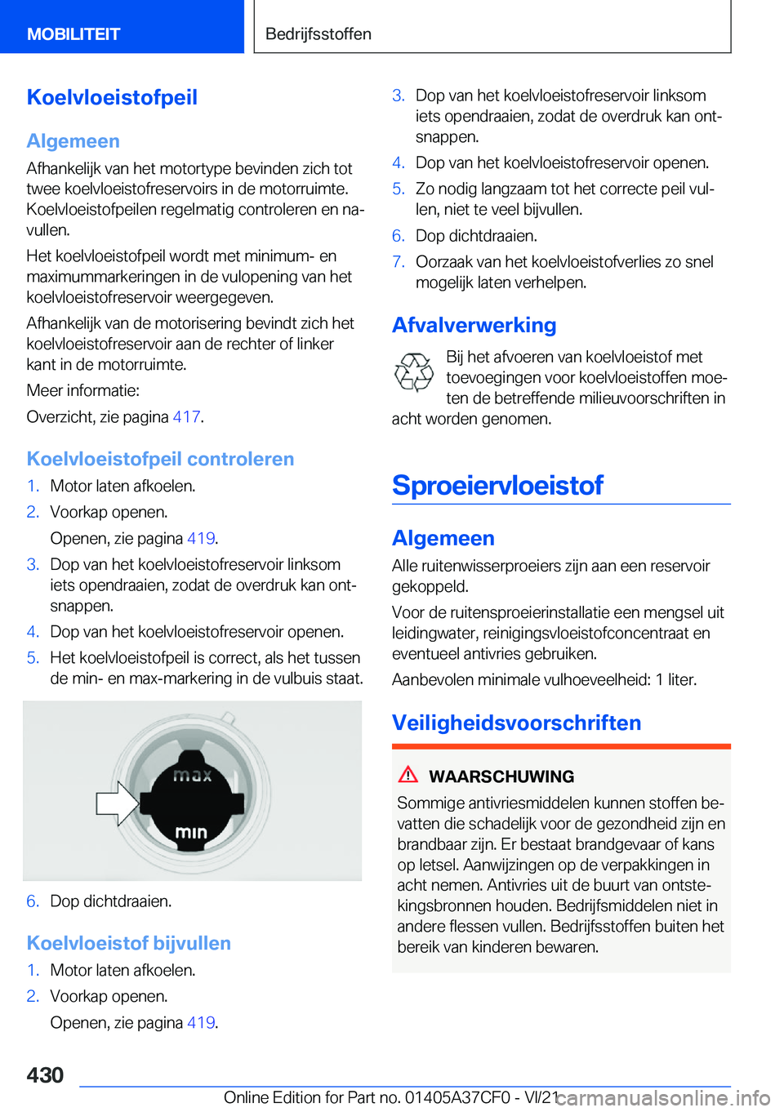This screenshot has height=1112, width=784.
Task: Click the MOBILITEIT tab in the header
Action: click(73, 33)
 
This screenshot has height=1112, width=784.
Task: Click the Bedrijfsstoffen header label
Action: click(318, 33)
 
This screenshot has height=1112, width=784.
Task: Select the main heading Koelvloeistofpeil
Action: click(112, 97)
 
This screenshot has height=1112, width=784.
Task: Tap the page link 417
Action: click(186, 416)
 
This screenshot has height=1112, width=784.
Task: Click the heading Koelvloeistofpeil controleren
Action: click(160, 459)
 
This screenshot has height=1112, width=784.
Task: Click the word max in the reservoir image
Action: click(192, 775)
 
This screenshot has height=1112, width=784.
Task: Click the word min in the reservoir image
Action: click(191, 832)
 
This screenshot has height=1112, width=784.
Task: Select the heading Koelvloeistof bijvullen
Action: click(128, 943)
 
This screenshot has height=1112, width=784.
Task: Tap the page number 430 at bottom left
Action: click(45, 1074)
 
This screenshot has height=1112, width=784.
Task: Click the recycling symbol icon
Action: click(414, 372)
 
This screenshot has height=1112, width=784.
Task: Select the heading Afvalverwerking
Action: click(474, 325)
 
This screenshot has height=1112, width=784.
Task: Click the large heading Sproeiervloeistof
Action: click(497, 485)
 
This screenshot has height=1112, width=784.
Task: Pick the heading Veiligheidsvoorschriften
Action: click(516, 723)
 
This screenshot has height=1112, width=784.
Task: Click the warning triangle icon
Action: click(408, 775)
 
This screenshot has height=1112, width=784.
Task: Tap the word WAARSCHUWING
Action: click(501, 776)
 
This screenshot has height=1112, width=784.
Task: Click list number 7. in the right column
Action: click(399, 261)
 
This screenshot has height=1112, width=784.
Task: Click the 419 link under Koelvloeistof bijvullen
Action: click(201, 1022)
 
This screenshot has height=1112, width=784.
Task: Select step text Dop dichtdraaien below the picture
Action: click(110, 901)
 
